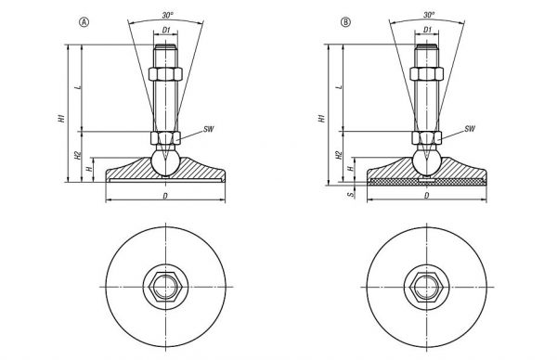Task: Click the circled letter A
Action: coord(84,22)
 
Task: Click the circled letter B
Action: coord(345,22)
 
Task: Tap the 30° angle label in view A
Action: coord(168,15)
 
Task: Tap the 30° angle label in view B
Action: coord(429,15)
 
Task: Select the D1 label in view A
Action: coord(166,31)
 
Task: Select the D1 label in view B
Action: coord(427,30)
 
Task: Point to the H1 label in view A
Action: coord(62,118)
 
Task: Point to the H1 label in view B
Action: coord(322,118)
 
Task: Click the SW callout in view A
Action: coord(209,129)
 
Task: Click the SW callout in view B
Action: coord(470,129)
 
